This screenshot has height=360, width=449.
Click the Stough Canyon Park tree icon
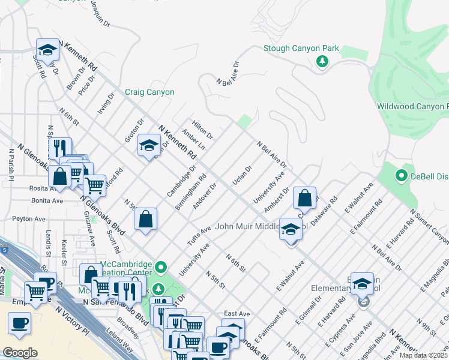322,61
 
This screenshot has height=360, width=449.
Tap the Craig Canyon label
149,92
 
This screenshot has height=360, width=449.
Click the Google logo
20,352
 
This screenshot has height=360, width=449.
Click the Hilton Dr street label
202,129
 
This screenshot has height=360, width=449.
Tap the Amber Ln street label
193,139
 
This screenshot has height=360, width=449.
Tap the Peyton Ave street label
29,220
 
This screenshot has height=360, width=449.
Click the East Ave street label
237,314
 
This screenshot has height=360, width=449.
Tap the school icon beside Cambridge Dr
149,145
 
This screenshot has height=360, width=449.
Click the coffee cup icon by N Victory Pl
19,323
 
